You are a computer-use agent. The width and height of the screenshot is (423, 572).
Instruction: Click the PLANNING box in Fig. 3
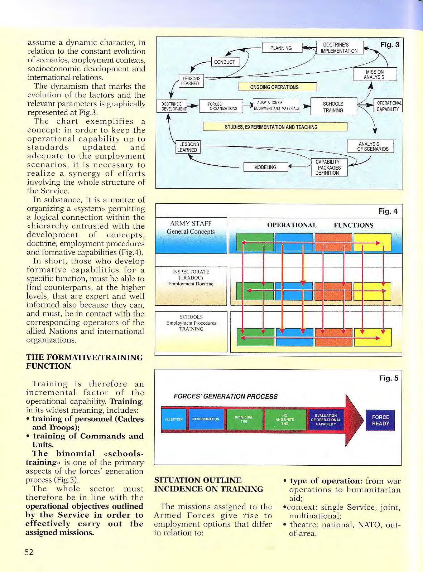(x=281, y=48)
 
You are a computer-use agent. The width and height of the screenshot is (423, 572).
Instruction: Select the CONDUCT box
(x=225, y=62)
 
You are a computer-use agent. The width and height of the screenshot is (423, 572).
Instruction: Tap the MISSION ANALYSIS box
(x=375, y=74)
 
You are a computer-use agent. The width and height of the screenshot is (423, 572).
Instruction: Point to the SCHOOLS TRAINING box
(x=333, y=107)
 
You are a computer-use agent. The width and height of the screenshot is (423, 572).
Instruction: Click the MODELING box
(x=265, y=167)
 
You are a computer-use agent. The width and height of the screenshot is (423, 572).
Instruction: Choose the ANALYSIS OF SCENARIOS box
(x=370, y=146)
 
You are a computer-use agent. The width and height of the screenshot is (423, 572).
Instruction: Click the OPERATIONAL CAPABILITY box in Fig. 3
(x=388, y=106)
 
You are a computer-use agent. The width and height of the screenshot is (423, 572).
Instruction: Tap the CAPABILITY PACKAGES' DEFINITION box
(x=327, y=168)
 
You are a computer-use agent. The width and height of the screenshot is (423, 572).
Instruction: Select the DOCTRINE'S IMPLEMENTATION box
(x=340, y=48)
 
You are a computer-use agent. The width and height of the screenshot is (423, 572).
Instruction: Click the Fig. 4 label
(x=388, y=211)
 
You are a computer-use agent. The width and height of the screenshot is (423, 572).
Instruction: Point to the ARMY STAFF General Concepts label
(x=191, y=228)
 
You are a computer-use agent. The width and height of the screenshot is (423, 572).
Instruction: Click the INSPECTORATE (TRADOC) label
(x=191, y=277)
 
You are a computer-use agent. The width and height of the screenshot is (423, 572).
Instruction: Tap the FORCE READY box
(x=380, y=420)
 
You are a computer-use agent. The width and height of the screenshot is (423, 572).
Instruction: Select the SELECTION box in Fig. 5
(x=174, y=419)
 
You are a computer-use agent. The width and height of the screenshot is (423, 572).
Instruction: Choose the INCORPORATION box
(x=206, y=419)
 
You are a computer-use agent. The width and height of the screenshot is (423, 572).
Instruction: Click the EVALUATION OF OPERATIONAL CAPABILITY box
(x=326, y=420)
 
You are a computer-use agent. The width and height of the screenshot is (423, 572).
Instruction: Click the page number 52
(x=29, y=552)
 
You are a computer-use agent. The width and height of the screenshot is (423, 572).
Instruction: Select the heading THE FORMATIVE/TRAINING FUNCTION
(x=85, y=362)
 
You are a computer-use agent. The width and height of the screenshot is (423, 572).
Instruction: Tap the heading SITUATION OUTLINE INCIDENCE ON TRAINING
(x=208, y=485)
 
